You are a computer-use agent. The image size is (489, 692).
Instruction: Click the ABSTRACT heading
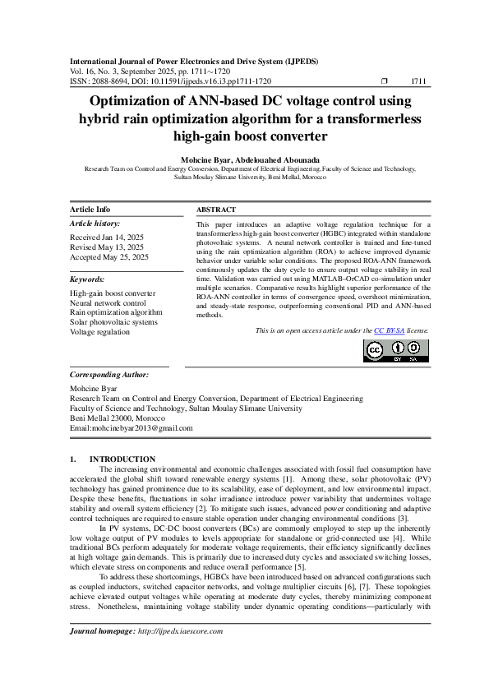coord(216,210)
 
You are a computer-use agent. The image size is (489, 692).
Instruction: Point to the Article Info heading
coord(90,210)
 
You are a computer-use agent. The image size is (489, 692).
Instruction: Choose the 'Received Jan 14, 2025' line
coord(108,237)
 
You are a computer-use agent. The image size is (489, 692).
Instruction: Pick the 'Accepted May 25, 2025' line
coord(109,257)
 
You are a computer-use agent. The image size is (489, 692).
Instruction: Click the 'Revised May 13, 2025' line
coord(107,247)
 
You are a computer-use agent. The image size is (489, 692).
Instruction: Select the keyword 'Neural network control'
coord(108,303)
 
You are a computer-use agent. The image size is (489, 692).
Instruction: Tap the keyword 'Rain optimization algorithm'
coord(116,312)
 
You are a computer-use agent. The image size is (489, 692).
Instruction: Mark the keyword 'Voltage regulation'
coord(99,332)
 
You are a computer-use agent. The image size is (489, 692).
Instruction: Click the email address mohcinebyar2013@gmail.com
coord(141,428)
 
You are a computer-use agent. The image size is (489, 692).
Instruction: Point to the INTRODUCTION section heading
coord(122,459)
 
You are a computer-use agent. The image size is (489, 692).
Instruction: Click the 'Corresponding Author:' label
coord(109,374)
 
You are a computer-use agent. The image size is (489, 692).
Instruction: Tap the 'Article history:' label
coord(95,224)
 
